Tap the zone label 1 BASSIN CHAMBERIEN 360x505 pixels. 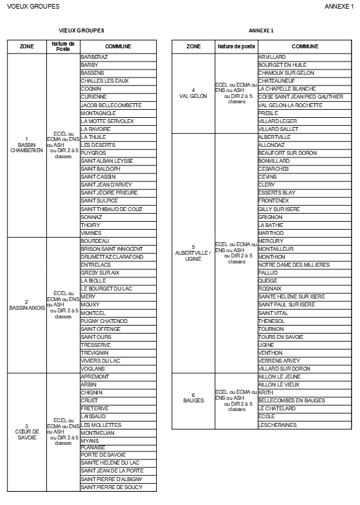click(x=26, y=145)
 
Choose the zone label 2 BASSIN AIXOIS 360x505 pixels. click(x=26, y=304)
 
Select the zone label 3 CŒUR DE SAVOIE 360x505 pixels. click(x=26, y=432)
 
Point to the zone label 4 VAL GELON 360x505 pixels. click(x=193, y=93)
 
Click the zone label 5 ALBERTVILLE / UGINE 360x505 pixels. click(x=193, y=253)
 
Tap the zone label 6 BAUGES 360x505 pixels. click(x=193, y=400)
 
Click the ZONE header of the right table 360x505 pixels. click(x=193, y=47)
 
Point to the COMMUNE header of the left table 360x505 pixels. click(x=118, y=47)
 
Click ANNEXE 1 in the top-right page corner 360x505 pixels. click(x=339, y=6)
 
